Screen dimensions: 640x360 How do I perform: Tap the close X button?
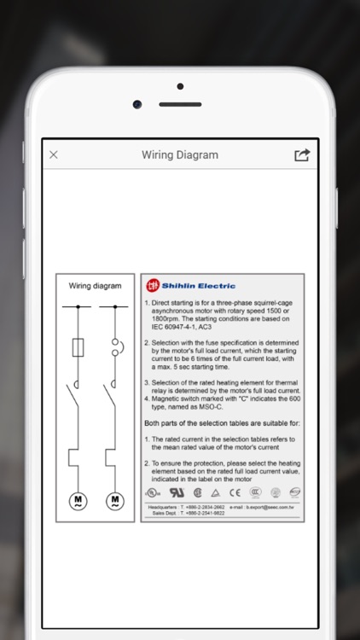[54, 154]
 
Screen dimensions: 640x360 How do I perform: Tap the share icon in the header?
[302, 154]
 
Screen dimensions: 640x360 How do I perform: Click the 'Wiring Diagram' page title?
[179, 155]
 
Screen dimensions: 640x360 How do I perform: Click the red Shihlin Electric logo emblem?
[153, 286]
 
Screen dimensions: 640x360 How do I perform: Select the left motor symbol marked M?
[78, 500]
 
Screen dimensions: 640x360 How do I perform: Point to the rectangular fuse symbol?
[78, 347]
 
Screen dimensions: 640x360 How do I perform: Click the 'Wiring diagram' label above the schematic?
[95, 286]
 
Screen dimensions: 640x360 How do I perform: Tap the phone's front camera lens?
[137, 104]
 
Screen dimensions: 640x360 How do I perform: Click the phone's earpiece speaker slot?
[180, 104]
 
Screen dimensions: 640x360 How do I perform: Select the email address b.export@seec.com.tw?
[266, 507]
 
